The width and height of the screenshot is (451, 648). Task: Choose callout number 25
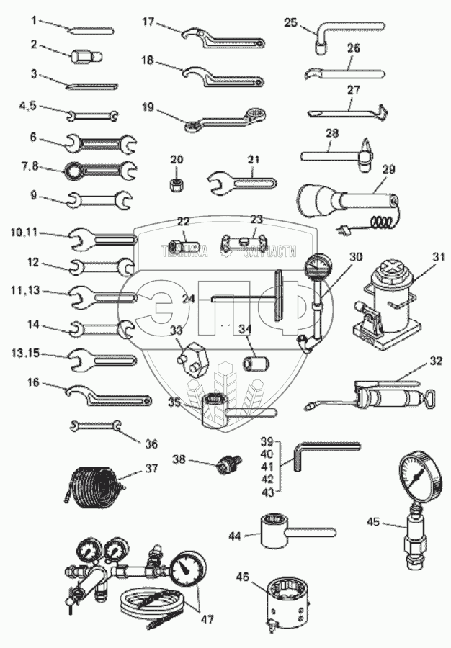(x=290, y=22)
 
